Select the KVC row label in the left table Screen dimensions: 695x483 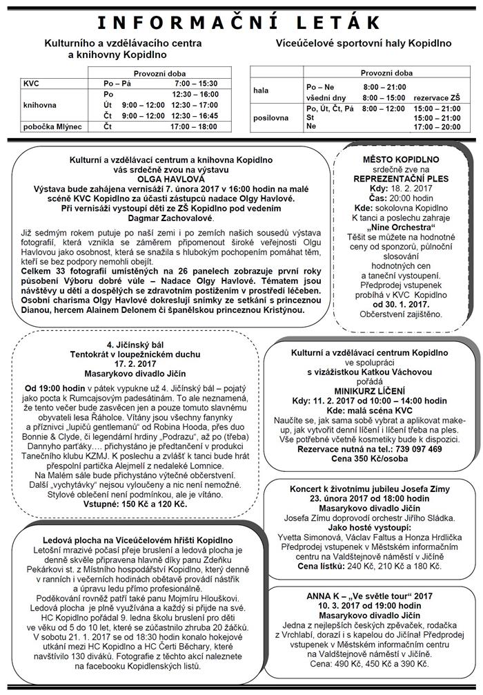32,82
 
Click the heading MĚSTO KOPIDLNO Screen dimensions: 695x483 401,159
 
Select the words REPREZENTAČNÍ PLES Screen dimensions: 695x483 401,178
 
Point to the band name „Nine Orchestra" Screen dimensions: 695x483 401,226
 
